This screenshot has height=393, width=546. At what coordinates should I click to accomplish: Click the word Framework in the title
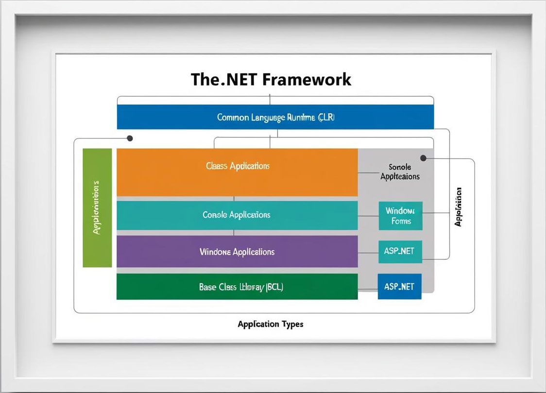307,79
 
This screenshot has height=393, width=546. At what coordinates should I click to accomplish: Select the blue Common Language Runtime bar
275,117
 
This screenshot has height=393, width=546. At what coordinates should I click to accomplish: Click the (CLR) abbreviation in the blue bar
326,117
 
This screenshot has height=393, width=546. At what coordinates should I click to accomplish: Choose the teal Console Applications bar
237,215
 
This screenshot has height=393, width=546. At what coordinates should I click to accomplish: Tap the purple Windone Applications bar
237,252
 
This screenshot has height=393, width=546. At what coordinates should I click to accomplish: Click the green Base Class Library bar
237,287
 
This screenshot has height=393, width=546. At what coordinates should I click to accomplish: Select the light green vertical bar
97,207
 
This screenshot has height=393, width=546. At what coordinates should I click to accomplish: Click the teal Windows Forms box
401,216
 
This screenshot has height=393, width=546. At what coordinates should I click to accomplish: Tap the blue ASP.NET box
399,287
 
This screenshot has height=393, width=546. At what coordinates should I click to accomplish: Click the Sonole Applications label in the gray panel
400,171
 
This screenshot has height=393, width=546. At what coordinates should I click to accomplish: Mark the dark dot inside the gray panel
423,158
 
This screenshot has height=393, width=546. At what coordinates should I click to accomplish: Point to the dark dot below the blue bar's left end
130,138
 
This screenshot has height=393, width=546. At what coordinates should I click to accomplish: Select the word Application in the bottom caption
258,324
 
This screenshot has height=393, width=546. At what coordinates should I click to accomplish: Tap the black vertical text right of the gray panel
458,206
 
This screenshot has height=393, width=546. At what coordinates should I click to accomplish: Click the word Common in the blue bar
233,117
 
